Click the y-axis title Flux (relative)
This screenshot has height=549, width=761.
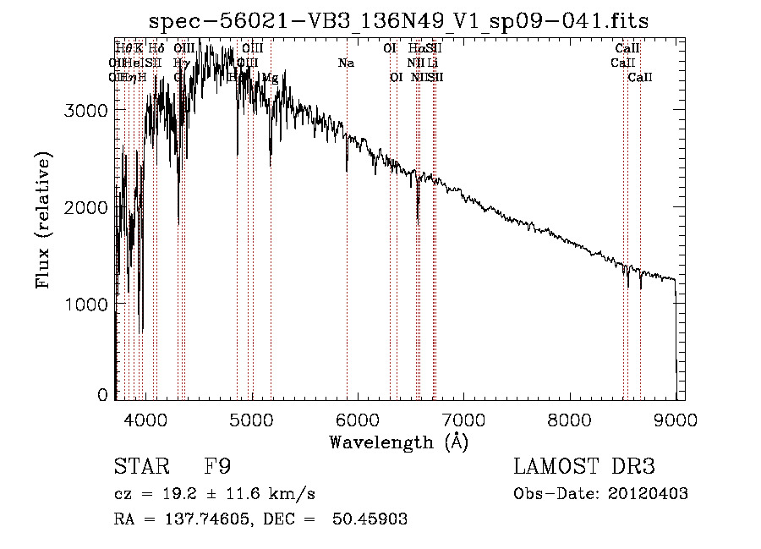click(43, 220)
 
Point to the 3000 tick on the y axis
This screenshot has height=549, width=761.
click(88, 111)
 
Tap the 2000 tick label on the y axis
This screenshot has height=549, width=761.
click(88, 207)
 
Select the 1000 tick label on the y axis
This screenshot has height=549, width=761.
click(88, 304)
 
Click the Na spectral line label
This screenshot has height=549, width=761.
click(346, 63)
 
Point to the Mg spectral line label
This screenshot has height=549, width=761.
click(270, 78)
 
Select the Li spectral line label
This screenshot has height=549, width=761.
click(433, 63)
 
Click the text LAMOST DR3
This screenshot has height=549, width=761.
click(584, 467)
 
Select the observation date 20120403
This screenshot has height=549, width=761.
click(647, 494)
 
